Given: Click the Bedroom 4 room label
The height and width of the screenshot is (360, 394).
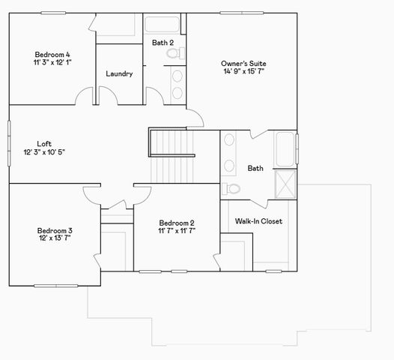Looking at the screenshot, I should pos(52,54).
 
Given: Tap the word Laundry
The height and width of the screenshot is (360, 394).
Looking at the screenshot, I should pos(119,73).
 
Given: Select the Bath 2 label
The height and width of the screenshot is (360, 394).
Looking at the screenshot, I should pos(163,43).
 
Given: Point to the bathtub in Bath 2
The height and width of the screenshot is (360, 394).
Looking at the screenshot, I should pos(163,24).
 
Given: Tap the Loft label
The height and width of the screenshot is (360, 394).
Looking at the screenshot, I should pos(44,143).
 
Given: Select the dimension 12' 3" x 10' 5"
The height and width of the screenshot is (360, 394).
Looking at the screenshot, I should pos(44,152).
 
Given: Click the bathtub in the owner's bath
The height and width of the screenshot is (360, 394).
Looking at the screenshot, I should pos(285,149).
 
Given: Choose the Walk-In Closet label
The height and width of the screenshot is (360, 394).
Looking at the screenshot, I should pos(258,221).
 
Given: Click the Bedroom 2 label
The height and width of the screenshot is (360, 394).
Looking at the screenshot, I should pos(176,222).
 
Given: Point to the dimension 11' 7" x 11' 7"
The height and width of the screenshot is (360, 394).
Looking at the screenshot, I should pos(176,231).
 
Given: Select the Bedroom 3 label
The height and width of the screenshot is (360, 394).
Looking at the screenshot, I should pos(54,230).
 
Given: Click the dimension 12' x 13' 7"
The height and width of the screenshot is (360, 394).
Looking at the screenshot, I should pos(54,239).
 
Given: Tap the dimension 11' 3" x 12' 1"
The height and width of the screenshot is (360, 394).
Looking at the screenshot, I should pos(52,63).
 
